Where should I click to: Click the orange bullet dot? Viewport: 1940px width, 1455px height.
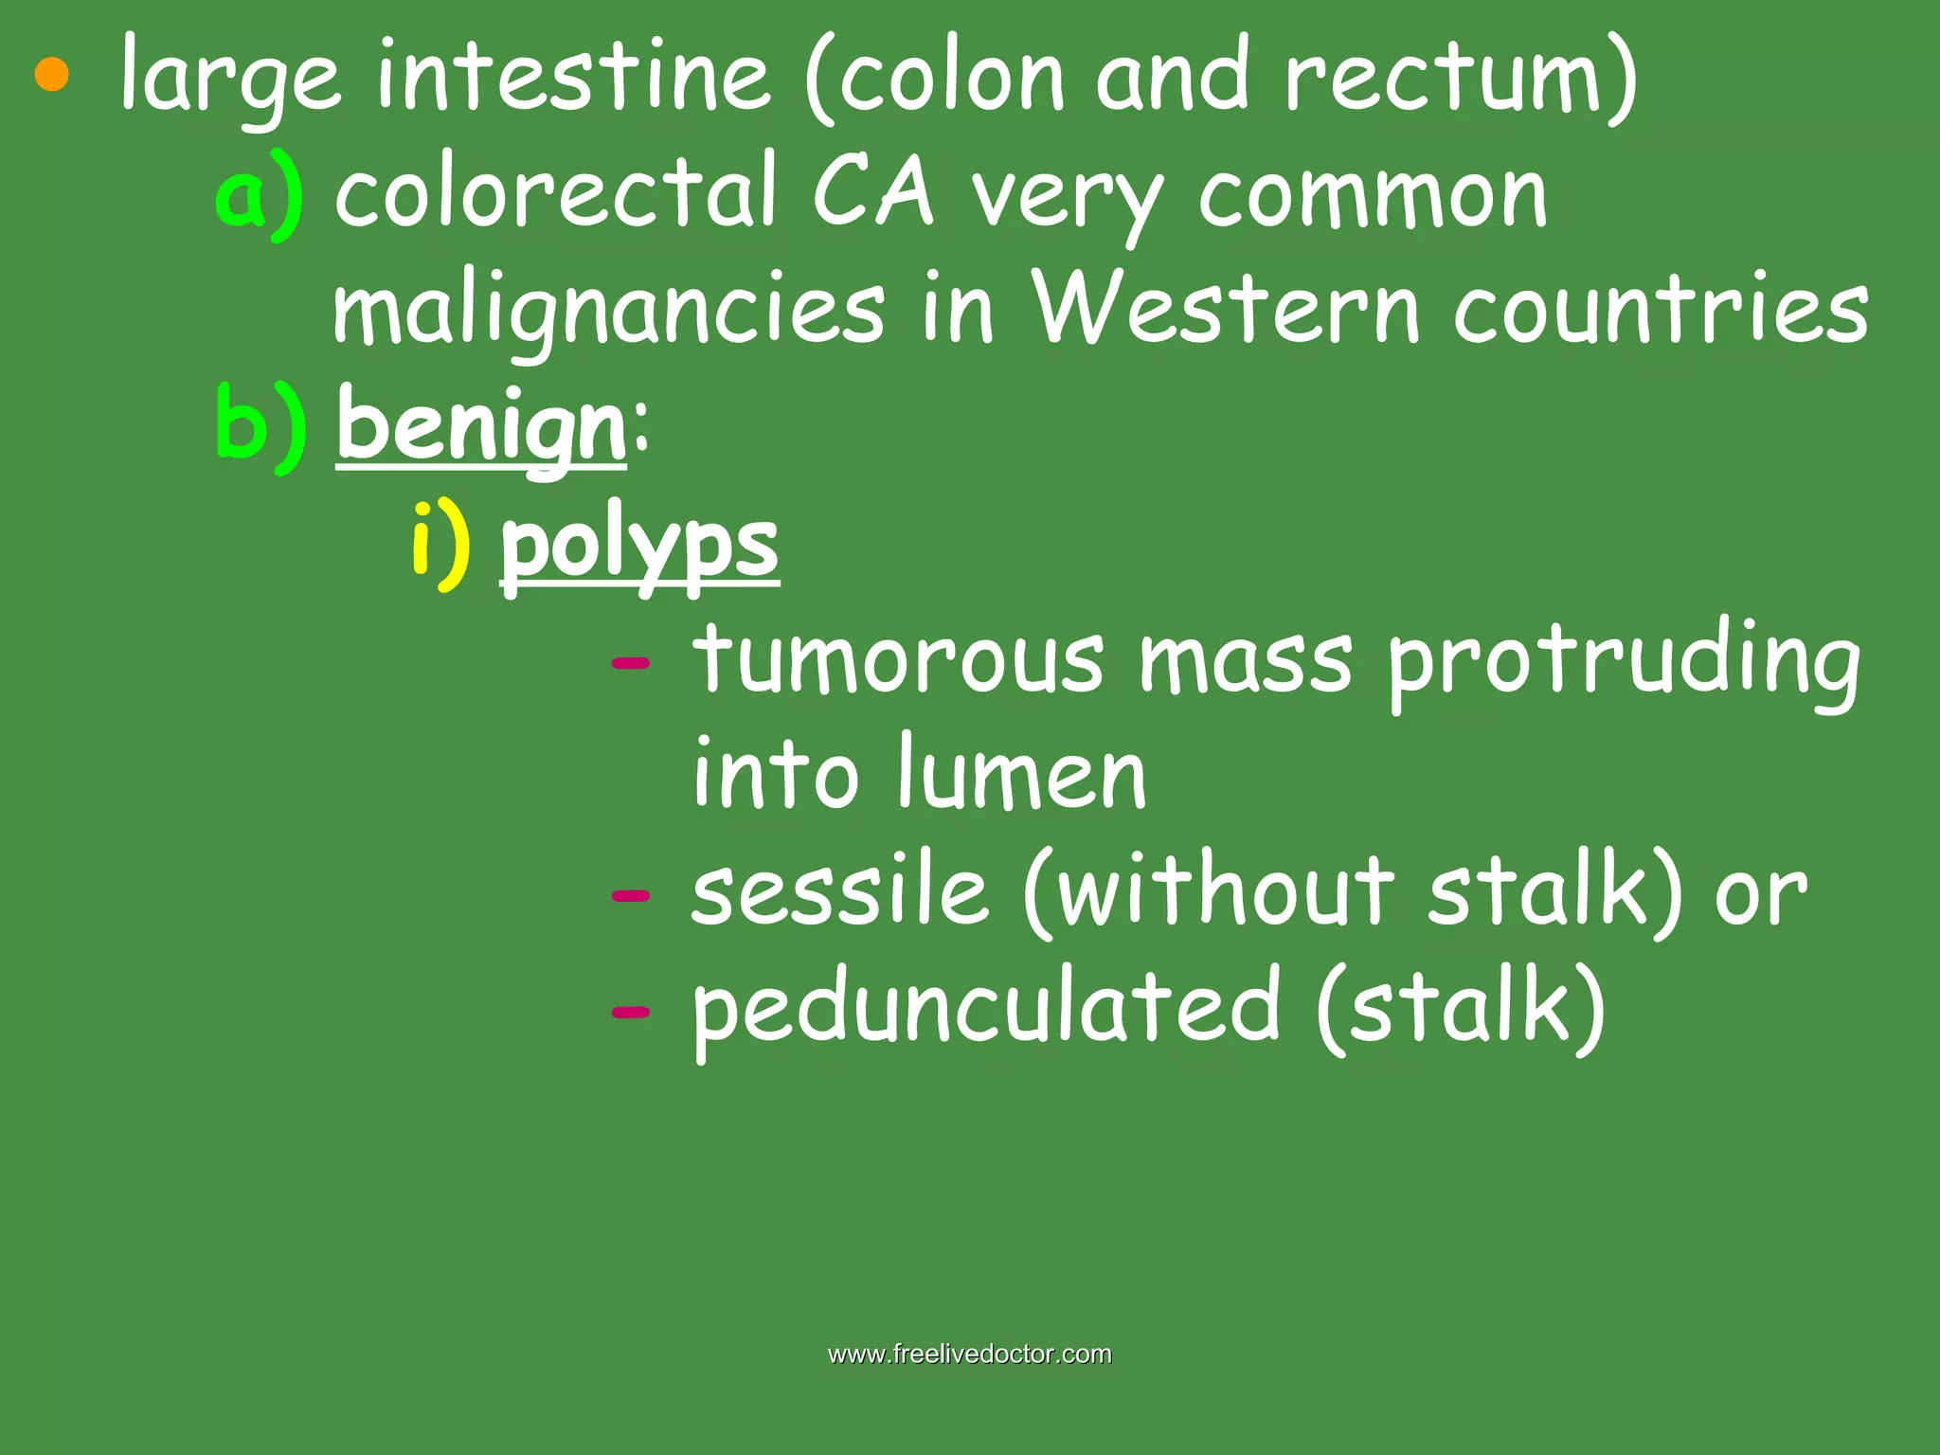[52, 75]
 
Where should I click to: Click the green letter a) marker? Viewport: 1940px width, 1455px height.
[259, 194]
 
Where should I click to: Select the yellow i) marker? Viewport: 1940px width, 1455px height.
[440, 544]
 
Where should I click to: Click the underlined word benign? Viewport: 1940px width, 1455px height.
[481, 427]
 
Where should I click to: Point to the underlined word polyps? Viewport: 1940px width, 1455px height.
[639, 547]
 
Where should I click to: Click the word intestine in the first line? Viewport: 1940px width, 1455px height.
[573, 76]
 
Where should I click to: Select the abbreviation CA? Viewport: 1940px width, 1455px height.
[872, 193]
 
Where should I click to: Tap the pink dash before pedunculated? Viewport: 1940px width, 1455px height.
[631, 1012]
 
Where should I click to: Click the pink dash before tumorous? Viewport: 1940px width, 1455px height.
[631, 662]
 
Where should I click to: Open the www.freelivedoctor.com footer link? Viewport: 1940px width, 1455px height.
[970, 1354]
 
